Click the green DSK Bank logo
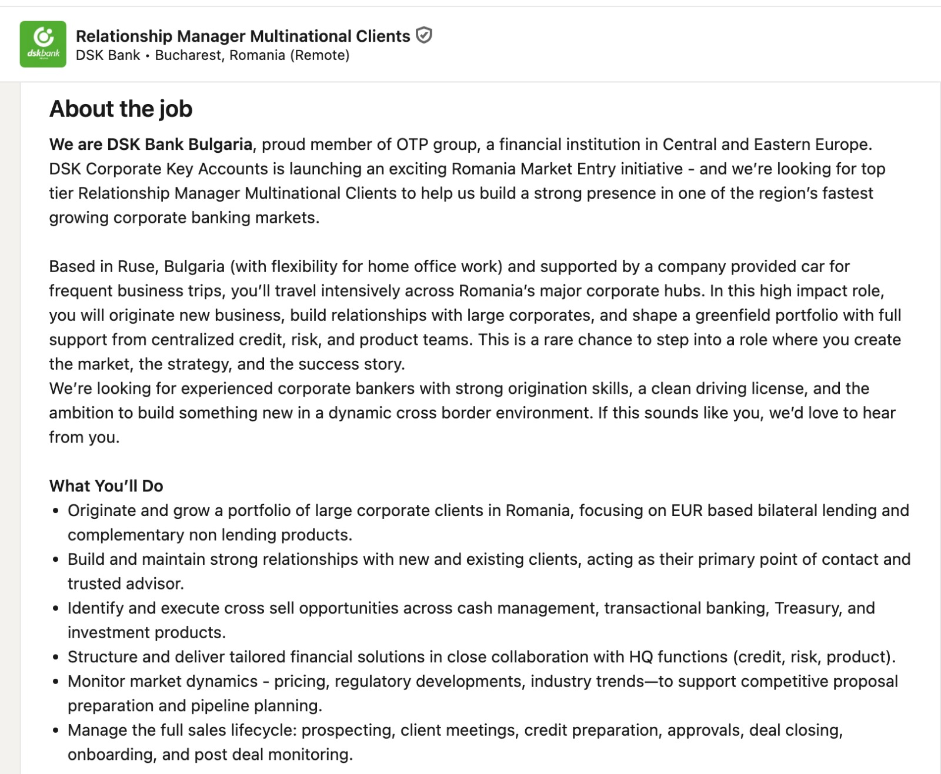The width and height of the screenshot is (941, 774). [x=43, y=44]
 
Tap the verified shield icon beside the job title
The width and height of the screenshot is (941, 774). [x=423, y=36]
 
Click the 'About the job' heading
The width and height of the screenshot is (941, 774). [x=121, y=109]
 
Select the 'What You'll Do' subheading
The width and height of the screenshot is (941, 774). [x=106, y=486]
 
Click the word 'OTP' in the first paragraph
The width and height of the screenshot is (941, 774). [x=412, y=145]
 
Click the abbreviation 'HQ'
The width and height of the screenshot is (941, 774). [x=640, y=657]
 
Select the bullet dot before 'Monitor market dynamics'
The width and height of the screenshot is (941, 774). [x=55, y=682]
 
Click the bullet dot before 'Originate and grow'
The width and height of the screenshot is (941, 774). [x=55, y=511]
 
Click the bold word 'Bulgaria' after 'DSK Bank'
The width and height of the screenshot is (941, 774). [x=221, y=145]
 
